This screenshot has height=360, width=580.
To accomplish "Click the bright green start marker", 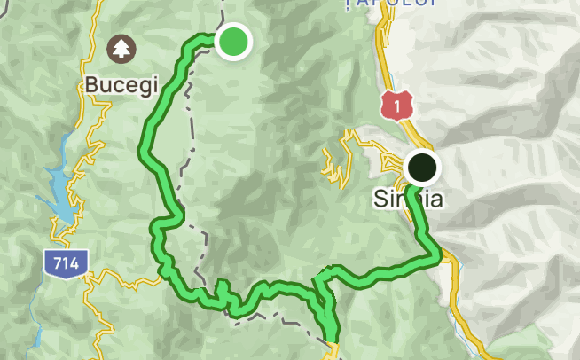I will pyautogui.click(x=232, y=41).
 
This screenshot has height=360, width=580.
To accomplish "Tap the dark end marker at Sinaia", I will pyautogui.click(x=422, y=167).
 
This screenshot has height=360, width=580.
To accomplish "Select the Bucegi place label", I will pyautogui.click(x=121, y=85).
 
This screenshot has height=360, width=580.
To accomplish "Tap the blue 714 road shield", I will pyautogui.click(x=65, y=262).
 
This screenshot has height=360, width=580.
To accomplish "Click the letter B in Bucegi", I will pyautogui.click(x=92, y=85).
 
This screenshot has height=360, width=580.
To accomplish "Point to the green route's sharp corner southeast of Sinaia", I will pyautogui.click(x=439, y=258).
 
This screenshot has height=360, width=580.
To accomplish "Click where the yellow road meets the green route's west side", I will pyautogui.click(x=165, y=276).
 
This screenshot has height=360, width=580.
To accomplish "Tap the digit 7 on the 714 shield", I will pyautogui.click(x=56, y=262).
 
